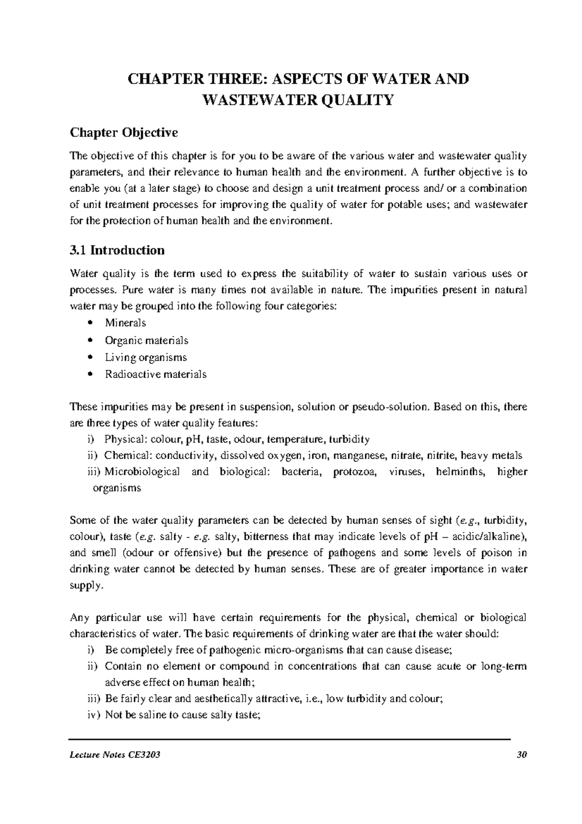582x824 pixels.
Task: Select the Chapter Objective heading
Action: [124, 132]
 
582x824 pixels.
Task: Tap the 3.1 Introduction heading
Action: [117, 250]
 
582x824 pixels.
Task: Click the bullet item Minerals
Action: [125, 323]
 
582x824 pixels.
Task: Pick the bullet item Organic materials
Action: [146, 340]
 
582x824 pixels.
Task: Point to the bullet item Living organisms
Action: [145, 358]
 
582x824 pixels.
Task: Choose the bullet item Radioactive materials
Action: [156, 375]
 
